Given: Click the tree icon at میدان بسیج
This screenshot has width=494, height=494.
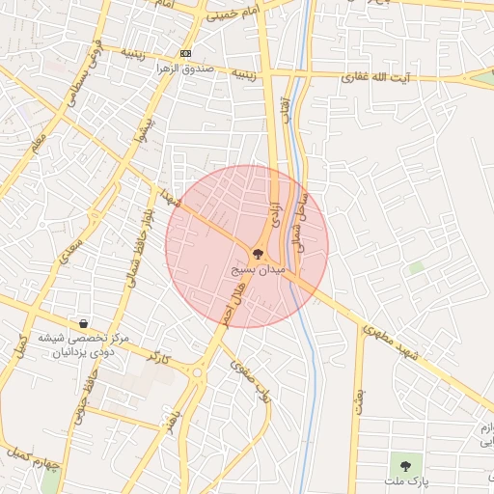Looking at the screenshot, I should pyautogui.click(x=258, y=254).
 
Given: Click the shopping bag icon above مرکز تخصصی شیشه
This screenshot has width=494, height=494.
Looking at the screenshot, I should pyautogui.click(x=85, y=323).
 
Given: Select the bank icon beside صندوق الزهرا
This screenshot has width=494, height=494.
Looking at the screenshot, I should pyautogui.click(x=186, y=53).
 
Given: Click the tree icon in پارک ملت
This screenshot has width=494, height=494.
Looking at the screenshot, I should pyautogui.click(x=404, y=466).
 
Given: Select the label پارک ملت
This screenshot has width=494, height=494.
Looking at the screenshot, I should pyautogui.click(x=404, y=480).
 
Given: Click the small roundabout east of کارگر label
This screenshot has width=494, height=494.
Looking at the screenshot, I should pyautogui.click(x=198, y=371).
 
